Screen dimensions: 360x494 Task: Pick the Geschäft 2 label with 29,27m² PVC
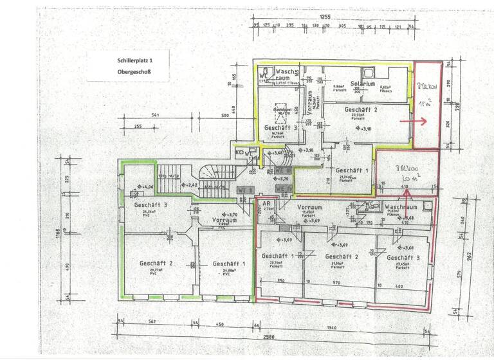tap(156, 263)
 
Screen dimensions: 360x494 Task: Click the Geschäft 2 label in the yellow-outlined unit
tap(361, 110)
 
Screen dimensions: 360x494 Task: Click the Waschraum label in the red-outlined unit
tap(401, 208)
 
